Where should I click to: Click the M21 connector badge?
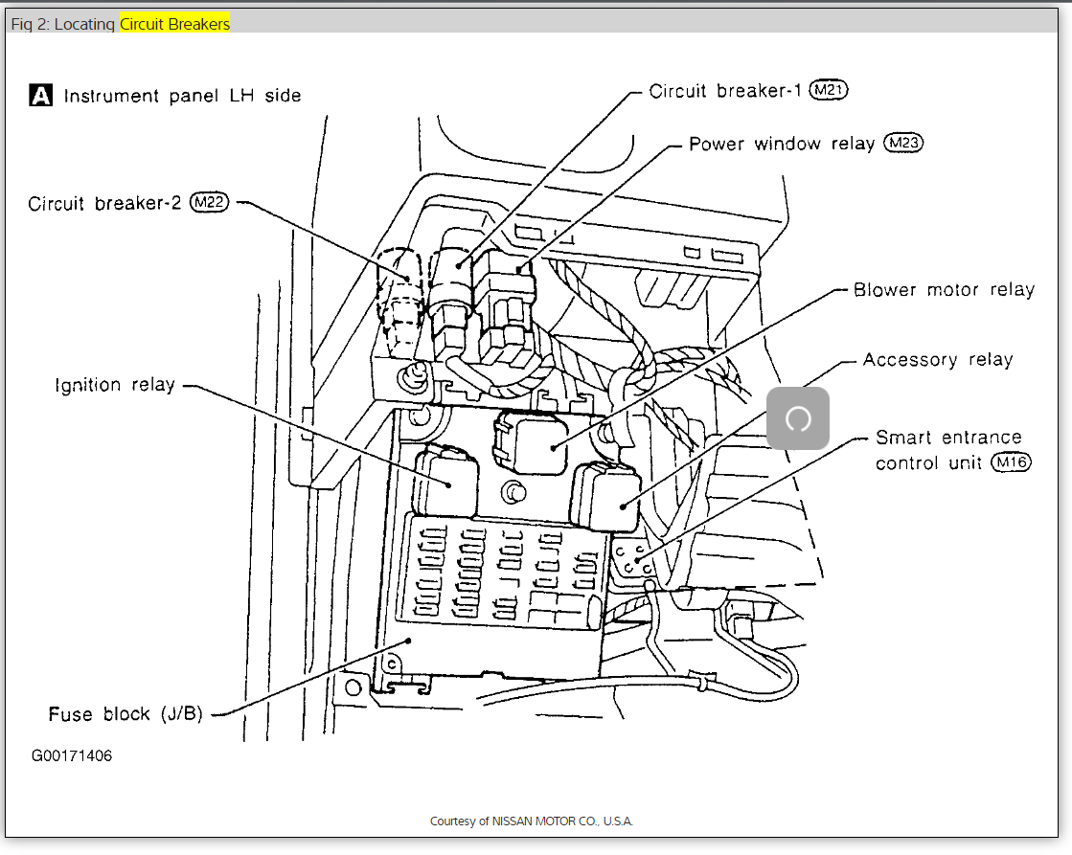pos(829,90)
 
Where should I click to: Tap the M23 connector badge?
pos(902,144)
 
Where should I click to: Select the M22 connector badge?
pos(210,203)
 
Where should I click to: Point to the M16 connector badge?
pos(1011,463)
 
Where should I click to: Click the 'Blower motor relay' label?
pos(944,289)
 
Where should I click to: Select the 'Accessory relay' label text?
pos(937,360)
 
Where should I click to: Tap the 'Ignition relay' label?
pos(115,385)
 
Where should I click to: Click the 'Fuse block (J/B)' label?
pos(125,714)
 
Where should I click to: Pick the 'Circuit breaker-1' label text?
pos(724,91)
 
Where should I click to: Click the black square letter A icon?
pos(41,96)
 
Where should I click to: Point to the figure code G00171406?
pos(71,755)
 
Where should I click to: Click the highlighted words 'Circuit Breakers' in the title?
pos(174,24)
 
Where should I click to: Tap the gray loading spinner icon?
pos(797,418)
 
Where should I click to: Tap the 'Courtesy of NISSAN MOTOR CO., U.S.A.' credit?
pos(532,821)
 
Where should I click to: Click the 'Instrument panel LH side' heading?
pos(182,96)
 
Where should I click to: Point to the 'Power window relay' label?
pos(782,145)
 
